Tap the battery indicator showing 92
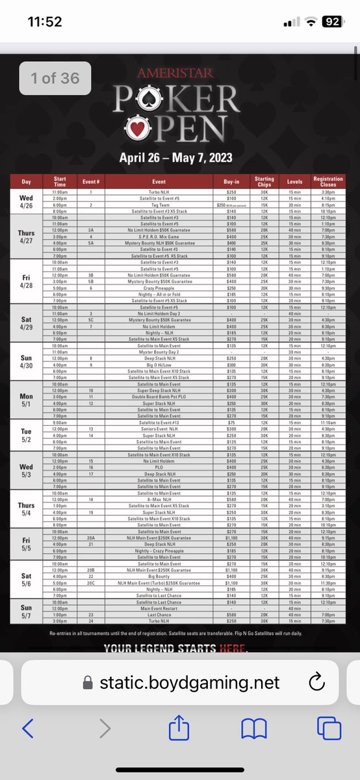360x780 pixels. (332, 21)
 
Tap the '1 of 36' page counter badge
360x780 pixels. (55, 79)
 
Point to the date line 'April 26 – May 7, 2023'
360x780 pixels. (175, 158)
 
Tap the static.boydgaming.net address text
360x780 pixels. (189, 682)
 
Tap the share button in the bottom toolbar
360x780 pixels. (179, 729)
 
